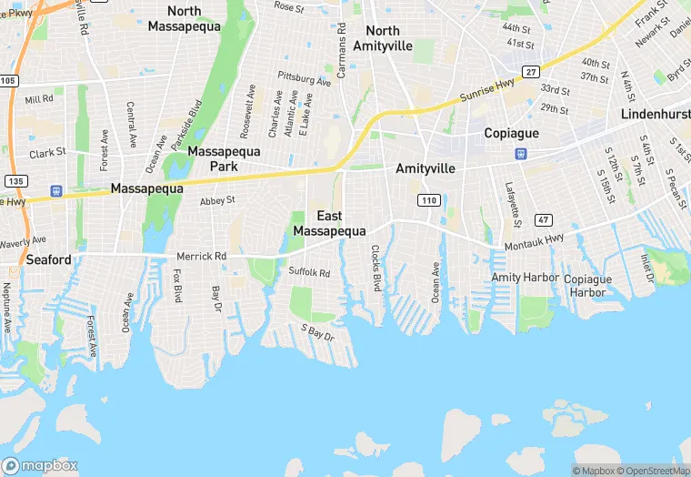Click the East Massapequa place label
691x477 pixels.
[x=329, y=223]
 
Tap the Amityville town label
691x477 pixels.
[x=425, y=168]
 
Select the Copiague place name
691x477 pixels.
[x=512, y=132]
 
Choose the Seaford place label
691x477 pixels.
[x=48, y=259]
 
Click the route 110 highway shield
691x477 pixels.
[x=429, y=199]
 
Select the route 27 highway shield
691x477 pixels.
[x=531, y=71]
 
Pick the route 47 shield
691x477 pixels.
[x=544, y=220]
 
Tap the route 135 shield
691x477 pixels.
[x=15, y=181]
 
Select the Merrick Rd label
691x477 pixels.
[x=202, y=257]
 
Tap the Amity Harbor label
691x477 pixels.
[x=519, y=277]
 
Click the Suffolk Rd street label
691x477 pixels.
[x=309, y=271]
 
